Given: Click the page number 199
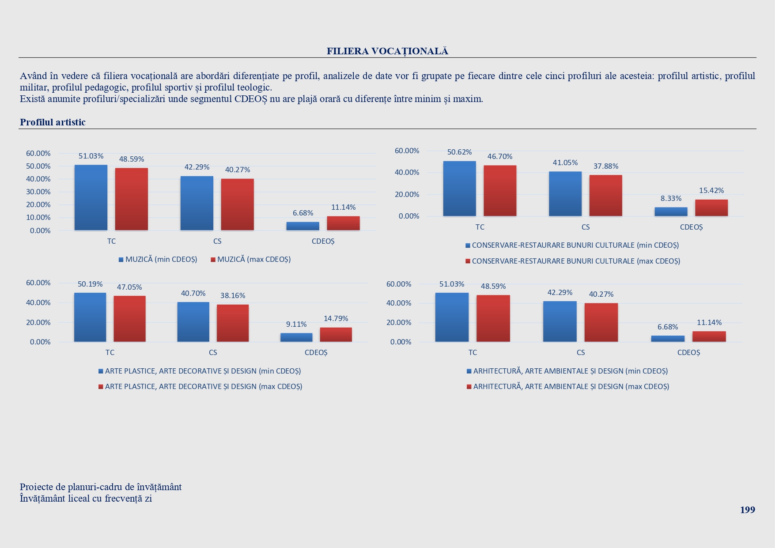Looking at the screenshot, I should [x=747, y=510].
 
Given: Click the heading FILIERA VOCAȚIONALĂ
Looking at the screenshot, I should [x=387, y=51].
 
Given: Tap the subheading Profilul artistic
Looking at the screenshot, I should [x=53, y=122].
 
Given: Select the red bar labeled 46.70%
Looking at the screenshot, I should [x=500, y=191].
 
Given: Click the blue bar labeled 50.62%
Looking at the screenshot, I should [x=459, y=189].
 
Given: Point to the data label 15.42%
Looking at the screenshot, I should [x=711, y=191].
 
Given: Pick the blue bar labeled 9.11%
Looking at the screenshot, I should [x=296, y=337].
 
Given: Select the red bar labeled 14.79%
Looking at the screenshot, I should [x=336, y=334].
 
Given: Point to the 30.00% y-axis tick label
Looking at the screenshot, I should [x=38, y=192].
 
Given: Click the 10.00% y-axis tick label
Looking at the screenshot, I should [x=38, y=218].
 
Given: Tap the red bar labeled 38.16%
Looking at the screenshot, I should [x=233, y=323].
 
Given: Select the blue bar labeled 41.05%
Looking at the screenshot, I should [x=565, y=194].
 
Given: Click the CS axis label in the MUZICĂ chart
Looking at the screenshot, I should [x=217, y=242].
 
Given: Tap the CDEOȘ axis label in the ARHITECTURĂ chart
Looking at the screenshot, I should [x=688, y=353].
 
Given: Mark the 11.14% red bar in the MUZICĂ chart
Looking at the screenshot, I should [x=343, y=223].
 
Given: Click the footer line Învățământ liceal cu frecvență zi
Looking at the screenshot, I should [x=86, y=499].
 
